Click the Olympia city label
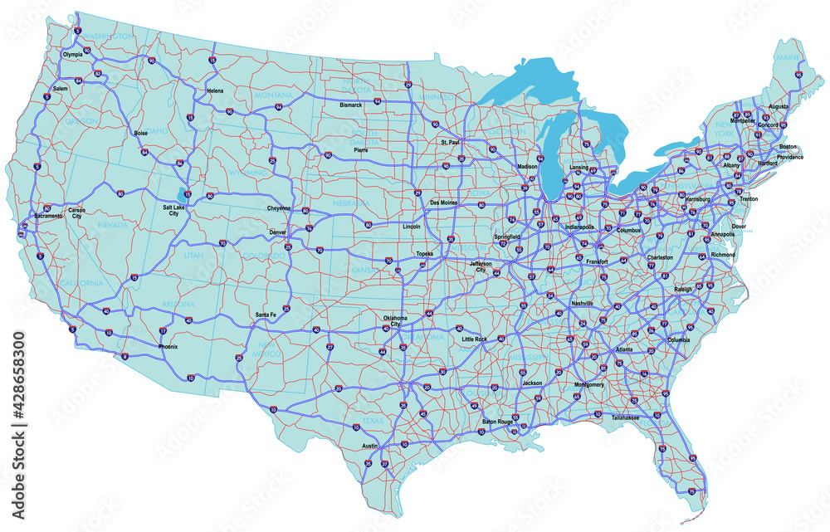[x=73, y=55]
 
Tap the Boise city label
[x=140, y=133]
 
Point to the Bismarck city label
[x=351, y=105]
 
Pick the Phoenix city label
[x=168, y=345]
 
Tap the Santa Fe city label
[x=266, y=315]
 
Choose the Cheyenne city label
[x=280, y=207]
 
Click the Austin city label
[x=370, y=446]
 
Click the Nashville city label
[x=583, y=304]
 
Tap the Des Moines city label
[x=444, y=203]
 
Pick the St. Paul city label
[x=449, y=144]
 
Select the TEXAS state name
[x=373, y=422]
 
